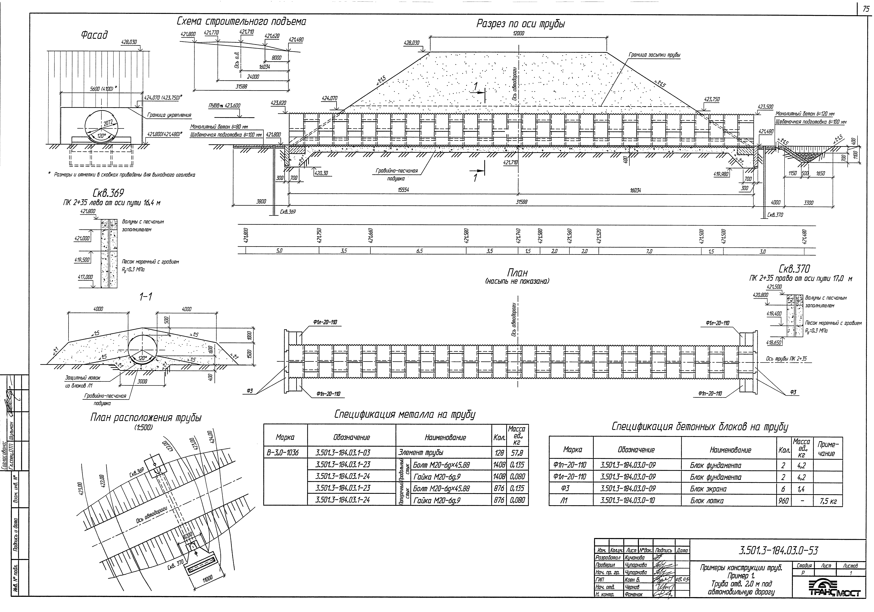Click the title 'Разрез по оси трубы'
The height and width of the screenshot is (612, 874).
point(520,24)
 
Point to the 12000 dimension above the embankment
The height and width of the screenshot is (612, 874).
point(518,33)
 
